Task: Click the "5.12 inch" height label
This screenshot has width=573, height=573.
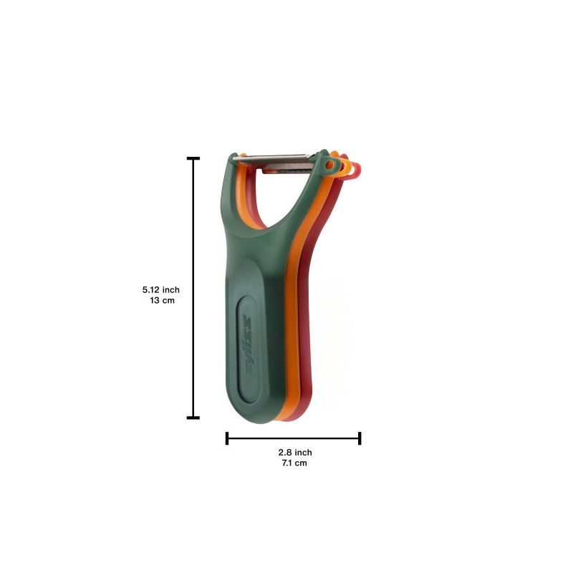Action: point(160,290)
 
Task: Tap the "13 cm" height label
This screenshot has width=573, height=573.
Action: point(163,300)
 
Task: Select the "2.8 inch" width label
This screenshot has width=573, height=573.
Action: point(295,453)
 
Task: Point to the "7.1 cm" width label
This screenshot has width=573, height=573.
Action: point(294,463)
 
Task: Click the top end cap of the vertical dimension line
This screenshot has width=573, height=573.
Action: point(193,158)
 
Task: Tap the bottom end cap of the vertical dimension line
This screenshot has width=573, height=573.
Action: point(193,418)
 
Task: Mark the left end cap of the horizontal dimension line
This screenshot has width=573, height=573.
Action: point(227,438)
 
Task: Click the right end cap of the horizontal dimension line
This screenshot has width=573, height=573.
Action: point(360,438)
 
